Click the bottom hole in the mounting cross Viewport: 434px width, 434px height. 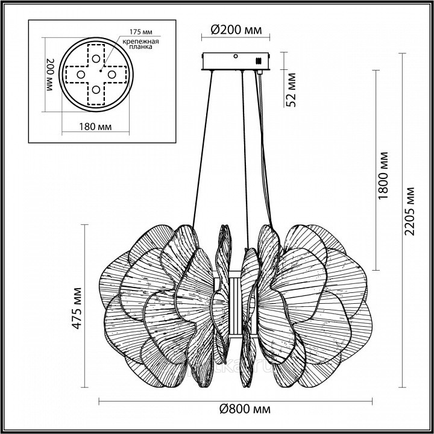click(96, 90)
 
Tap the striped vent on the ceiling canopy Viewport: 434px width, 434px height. click(260, 61)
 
